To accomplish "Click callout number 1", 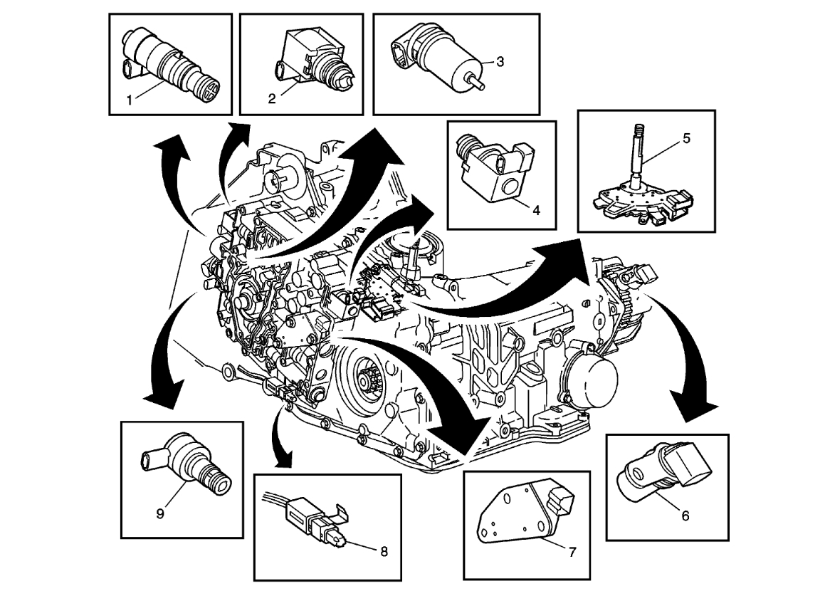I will [x=130, y=100].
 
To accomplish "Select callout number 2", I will [x=272, y=99].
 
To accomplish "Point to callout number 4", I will [x=536, y=210].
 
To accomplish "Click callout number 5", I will [x=685, y=138].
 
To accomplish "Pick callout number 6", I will [x=685, y=516].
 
